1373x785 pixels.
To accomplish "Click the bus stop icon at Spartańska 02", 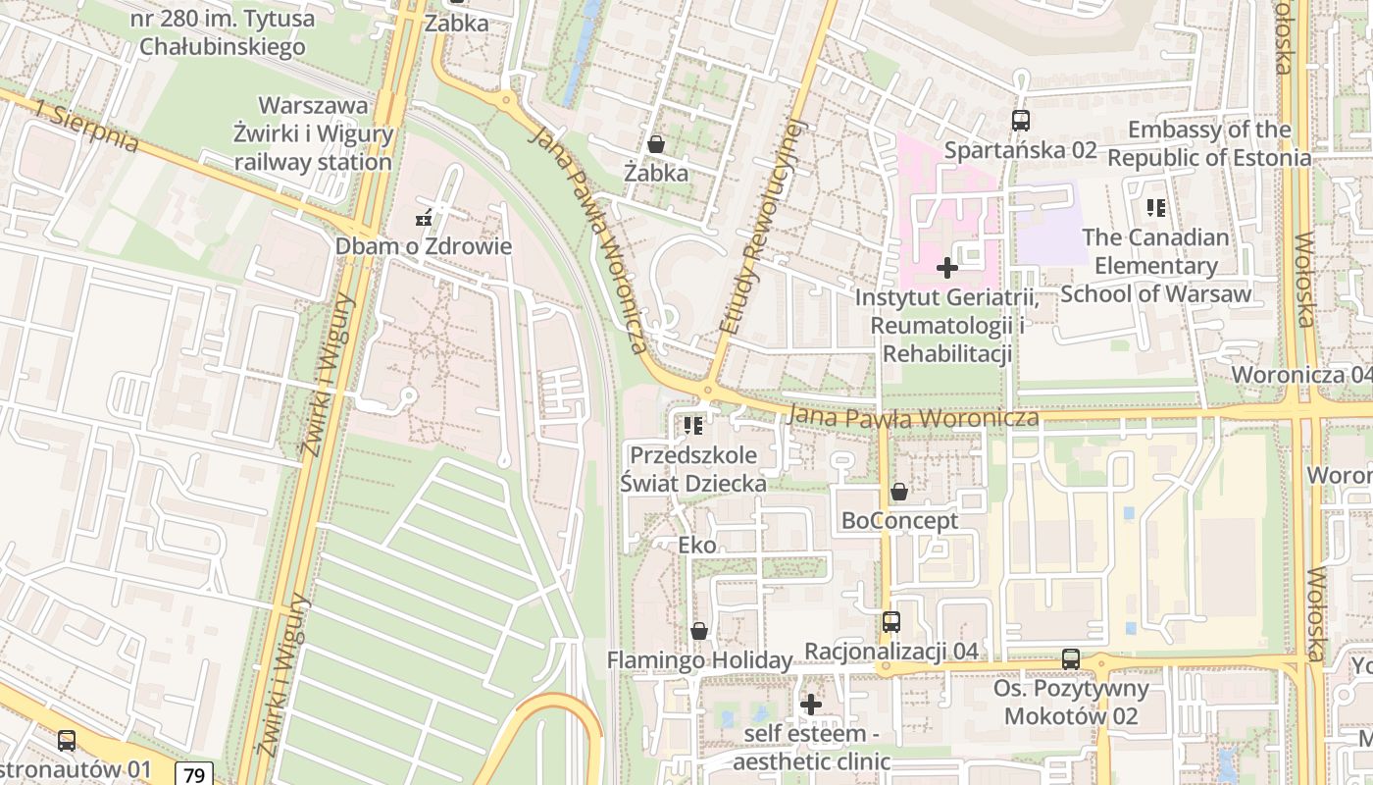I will pyautogui.click(x=1021, y=121).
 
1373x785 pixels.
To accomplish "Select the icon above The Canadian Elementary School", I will pyautogui.click(x=1156, y=207).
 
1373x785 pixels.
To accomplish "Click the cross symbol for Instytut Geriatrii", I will pyautogui.click(x=947, y=267).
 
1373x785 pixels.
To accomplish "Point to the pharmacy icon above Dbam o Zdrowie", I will pyautogui.click(x=424, y=218).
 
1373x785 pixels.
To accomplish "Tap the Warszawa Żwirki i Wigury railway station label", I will pyautogui.click(x=313, y=134).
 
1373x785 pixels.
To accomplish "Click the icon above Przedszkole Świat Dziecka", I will pyautogui.click(x=693, y=426).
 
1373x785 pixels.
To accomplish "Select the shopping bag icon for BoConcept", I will pyautogui.click(x=898, y=492).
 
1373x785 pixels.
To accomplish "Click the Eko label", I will pyautogui.click(x=697, y=545).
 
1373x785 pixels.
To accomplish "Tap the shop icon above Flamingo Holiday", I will pyautogui.click(x=699, y=631).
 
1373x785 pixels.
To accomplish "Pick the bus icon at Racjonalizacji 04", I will pyautogui.click(x=890, y=621).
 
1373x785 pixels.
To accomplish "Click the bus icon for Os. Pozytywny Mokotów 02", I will pyautogui.click(x=1071, y=658).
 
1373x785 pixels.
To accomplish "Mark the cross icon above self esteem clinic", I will pyautogui.click(x=810, y=704).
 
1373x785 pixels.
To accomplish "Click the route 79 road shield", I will pyautogui.click(x=194, y=774).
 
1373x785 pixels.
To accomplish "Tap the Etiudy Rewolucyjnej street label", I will pyautogui.click(x=761, y=227).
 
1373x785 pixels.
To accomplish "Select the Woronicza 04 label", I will pyautogui.click(x=1300, y=375).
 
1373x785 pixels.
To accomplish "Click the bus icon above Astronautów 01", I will pyautogui.click(x=67, y=741).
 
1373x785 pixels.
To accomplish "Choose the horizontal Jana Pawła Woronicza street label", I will pyautogui.click(x=913, y=418).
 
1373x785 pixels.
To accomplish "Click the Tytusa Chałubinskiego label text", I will pyautogui.click(x=223, y=32).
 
